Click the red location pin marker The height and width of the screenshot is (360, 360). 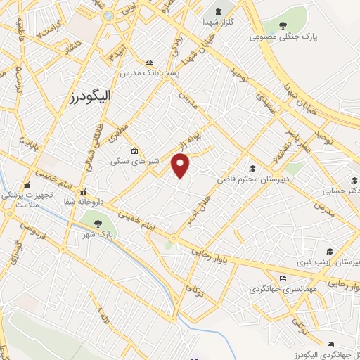(181, 165)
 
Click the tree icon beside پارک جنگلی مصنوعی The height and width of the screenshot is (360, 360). (283, 25)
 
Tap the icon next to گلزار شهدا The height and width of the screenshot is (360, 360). (217, 12)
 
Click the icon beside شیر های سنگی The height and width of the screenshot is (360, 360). (134, 150)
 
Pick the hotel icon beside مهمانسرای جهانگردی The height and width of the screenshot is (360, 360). (283, 276)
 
